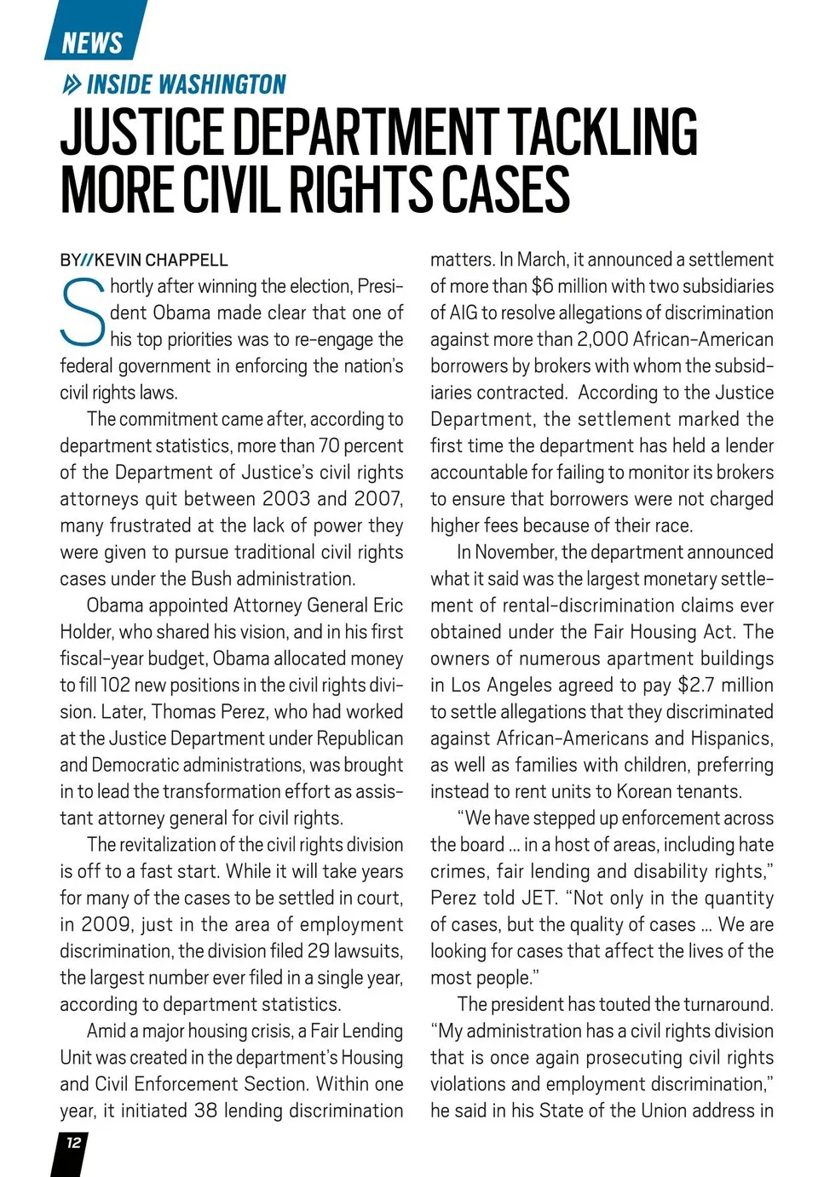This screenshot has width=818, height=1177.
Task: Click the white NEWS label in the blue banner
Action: (x=92, y=42)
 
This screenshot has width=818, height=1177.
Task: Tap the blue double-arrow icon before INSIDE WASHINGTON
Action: (x=72, y=84)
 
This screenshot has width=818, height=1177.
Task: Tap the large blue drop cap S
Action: (x=83, y=313)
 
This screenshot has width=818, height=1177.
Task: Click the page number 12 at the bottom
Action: (x=73, y=1142)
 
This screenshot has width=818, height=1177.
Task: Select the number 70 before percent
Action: (x=329, y=445)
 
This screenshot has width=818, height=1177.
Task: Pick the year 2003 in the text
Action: (x=286, y=499)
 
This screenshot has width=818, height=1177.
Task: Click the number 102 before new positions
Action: (x=115, y=685)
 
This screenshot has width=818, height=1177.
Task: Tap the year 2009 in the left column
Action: (x=107, y=924)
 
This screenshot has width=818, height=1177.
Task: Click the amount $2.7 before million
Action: (x=696, y=685)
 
